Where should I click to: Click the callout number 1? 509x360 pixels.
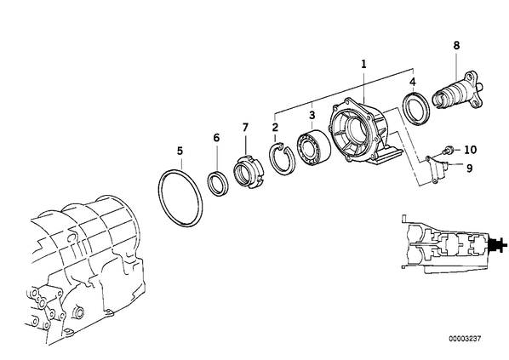[363, 64]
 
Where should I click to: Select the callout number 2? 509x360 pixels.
[275, 127]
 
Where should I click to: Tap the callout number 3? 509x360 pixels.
[312, 115]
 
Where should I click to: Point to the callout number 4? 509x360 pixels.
[412, 82]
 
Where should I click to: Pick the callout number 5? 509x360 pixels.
[180, 151]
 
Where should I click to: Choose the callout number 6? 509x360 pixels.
[216, 138]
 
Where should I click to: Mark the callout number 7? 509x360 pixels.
[245, 128]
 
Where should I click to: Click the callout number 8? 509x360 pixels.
[456, 45]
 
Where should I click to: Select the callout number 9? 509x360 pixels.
[469, 169]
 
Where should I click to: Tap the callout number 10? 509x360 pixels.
[471, 150]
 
